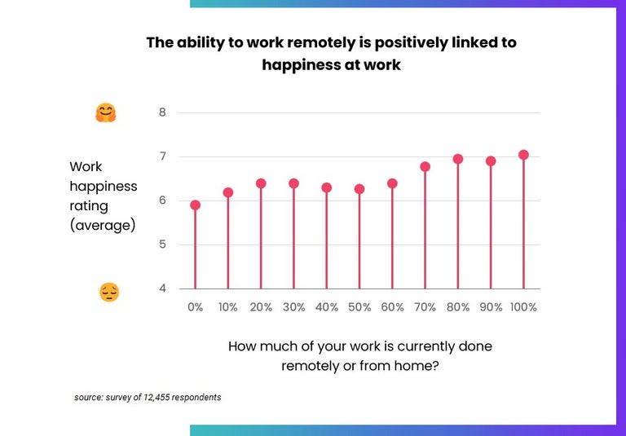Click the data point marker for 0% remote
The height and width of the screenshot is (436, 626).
coord(195,205)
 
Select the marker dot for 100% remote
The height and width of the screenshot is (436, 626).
coord(523,155)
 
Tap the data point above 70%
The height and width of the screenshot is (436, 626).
coord(425,166)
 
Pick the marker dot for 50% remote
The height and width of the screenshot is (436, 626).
coord(359,189)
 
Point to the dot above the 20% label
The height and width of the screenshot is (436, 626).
coord(261,183)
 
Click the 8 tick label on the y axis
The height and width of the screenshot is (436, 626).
coord(162,112)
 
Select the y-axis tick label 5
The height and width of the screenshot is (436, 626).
coord(162,244)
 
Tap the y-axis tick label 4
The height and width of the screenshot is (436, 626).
coord(162,288)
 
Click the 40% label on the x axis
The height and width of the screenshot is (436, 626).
coord(326,307)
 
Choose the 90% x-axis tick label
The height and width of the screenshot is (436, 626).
coord(490,307)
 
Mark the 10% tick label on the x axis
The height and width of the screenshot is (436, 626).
coord(227,307)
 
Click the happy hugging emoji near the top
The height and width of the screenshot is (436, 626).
coord(106,113)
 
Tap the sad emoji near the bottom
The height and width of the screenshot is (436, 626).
coord(109,292)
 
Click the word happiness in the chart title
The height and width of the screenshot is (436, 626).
coord(297,64)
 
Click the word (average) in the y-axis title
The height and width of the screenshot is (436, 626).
coord(103,225)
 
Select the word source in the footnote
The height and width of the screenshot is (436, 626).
coord(88,398)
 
